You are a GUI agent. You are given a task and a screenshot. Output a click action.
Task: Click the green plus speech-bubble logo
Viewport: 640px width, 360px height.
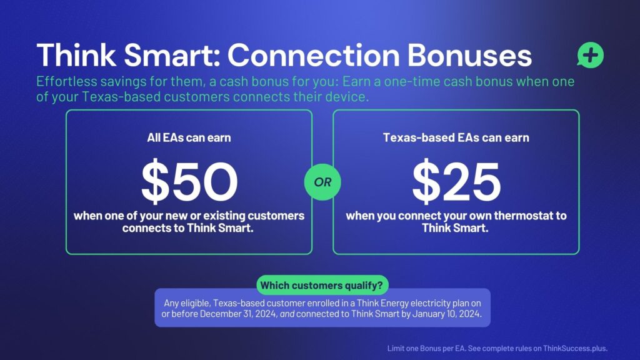[x=590, y=55]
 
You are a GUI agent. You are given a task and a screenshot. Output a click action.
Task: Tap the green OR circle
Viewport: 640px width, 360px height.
[x=322, y=182]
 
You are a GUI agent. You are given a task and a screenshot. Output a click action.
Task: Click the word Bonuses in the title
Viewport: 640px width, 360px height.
[x=469, y=55]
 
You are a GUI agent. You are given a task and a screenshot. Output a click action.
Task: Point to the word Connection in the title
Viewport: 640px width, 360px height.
[x=313, y=55]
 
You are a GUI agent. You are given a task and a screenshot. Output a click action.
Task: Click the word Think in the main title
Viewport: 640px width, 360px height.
[x=76, y=55]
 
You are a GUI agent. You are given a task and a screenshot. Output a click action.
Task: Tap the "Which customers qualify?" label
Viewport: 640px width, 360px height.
[x=322, y=285]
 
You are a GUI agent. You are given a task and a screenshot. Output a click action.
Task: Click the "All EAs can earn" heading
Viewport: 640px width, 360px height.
[x=189, y=137]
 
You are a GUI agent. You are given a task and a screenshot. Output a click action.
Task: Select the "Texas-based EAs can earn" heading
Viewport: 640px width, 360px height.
[x=456, y=137]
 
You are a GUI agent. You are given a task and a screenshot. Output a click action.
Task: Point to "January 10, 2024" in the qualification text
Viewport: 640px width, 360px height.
[x=446, y=314]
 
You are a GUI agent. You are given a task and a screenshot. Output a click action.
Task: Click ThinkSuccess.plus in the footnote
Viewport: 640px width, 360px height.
[x=575, y=349]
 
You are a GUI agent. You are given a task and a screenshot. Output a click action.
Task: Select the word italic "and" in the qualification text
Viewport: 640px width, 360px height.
[x=287, y=314]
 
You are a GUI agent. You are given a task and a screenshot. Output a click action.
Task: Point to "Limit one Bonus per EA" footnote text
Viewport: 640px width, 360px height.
[x=426, y=349]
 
